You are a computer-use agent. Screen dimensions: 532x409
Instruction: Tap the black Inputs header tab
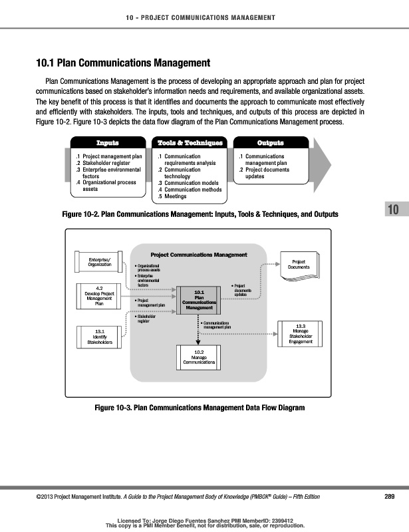tap(108, 143)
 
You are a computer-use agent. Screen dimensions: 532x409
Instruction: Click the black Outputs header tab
tap(270, 143)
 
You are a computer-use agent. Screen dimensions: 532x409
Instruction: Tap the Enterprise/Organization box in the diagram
tap(95, 261)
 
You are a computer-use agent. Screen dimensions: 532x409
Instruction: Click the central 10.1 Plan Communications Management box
tap(199, 300)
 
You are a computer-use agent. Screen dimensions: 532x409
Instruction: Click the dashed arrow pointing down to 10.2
tap(199, 331)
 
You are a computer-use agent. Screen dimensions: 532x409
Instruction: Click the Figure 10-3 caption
tap(200, 407)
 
